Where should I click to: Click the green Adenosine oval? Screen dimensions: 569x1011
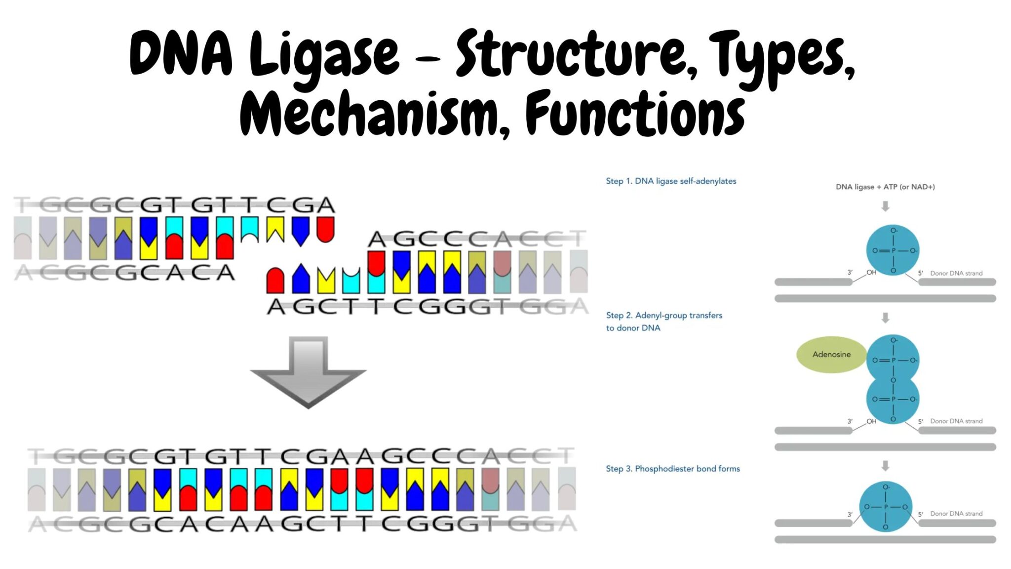831,355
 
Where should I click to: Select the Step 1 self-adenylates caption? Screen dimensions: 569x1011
671,181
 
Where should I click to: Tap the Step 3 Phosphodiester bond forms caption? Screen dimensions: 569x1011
673,469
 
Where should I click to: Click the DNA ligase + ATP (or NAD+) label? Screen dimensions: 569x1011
885,187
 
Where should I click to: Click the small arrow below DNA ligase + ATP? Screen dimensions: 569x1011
885,206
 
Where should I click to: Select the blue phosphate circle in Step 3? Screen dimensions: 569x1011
886,507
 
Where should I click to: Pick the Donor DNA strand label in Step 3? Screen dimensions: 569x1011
956,514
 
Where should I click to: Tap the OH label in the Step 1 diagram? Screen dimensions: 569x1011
871,272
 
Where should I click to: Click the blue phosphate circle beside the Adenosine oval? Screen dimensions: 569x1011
893,360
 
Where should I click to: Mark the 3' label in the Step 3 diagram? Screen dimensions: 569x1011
850,515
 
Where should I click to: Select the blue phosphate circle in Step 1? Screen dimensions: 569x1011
893,250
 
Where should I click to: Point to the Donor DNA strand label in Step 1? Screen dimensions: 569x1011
956,273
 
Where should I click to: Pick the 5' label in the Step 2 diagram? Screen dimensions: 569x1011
920,421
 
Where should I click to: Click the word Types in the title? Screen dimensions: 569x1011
785,55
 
